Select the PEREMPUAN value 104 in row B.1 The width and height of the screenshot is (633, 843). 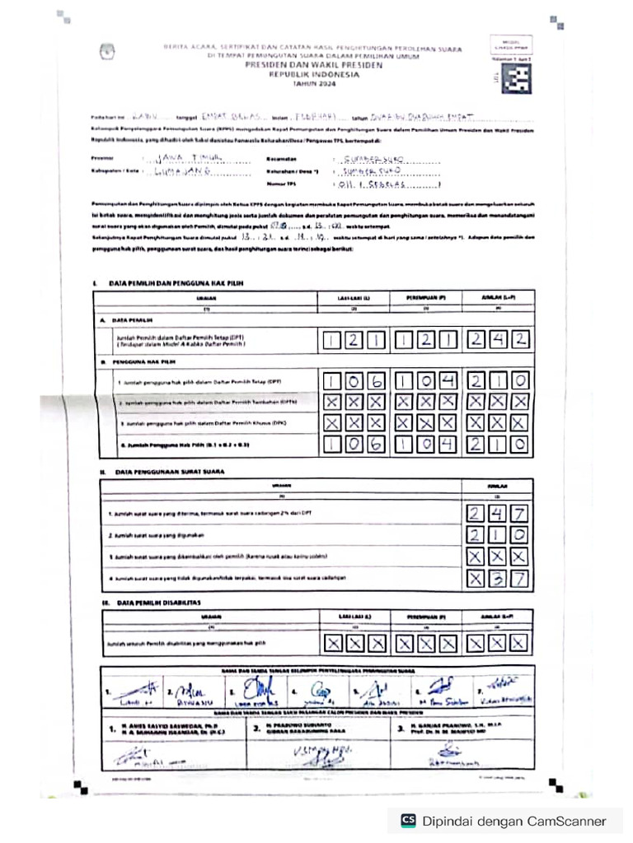pyautogui.click(x=425, y=380)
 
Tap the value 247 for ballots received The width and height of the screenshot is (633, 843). pyautogui.click(x=497, y=515)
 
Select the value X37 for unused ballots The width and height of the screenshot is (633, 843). pyautogui.click(x=497, y=579)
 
